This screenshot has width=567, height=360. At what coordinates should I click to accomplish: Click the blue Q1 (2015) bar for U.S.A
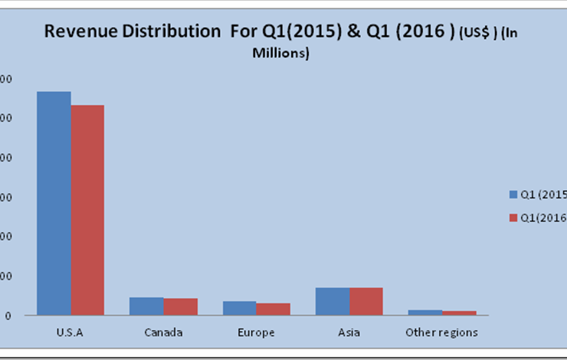[x=54, y=203]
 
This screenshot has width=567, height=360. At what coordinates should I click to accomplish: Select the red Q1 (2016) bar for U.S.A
[x=87, y=210]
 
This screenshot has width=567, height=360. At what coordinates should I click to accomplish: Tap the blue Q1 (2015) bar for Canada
[x=146, y=306]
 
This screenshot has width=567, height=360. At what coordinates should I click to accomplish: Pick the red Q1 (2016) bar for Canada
[x=180, y=306]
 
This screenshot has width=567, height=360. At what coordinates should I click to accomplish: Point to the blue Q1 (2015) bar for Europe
[x=239, y=308]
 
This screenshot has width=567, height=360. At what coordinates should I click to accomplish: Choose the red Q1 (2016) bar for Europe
[x=273, y=309]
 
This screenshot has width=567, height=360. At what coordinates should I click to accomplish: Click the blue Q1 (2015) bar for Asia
[x=333, y=301]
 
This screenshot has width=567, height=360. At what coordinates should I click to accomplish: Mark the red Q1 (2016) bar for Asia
[x=366, y=301]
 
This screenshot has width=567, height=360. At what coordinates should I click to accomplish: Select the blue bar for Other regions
[x=425, y=313]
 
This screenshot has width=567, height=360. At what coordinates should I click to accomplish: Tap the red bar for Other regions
[x=459, y=313]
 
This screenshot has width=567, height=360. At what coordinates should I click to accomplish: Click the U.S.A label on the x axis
[x=70, y=332]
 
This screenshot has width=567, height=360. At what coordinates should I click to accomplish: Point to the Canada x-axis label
[x=163, y=332]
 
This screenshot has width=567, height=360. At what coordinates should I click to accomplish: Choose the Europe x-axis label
[x=256, y=332]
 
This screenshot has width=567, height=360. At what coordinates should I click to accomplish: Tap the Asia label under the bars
[x=349, y=332]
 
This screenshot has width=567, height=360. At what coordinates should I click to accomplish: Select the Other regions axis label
[x=441, y=332]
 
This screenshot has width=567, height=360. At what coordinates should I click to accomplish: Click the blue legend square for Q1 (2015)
[x=514, y=195]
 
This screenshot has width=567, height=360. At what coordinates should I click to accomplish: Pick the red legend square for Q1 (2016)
[x=514, y=218]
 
